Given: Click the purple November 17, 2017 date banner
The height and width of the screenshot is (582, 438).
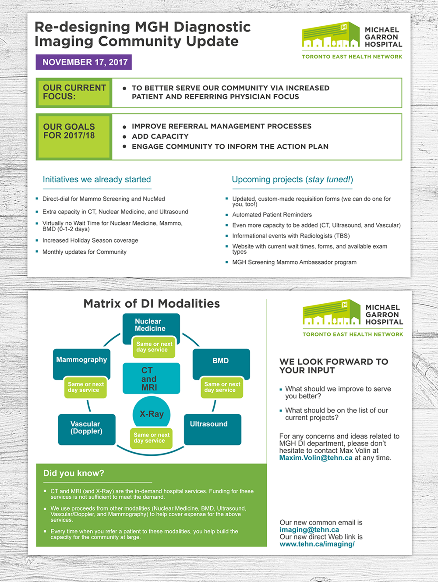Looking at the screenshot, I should tap(84, 62).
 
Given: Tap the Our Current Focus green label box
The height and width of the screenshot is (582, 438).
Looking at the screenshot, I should tap(74, 92).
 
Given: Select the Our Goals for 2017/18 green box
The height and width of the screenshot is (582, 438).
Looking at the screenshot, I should tap(74, 136).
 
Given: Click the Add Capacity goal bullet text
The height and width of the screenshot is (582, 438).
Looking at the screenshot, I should tap(160, 136).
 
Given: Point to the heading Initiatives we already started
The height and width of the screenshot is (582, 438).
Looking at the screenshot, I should tap(97, 179).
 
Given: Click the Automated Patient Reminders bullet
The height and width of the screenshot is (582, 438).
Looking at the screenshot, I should tap(272, 215).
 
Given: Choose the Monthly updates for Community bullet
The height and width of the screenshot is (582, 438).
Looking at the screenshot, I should tap(85, 252).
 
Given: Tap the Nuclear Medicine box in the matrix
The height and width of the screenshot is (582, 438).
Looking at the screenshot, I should tap(150, 326).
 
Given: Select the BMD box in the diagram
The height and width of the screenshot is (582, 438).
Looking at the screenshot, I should tap(221, 361).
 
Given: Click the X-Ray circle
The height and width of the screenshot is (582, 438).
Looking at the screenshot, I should tap(152, 413).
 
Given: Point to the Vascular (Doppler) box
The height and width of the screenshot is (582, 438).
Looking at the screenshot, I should tap(87, 428).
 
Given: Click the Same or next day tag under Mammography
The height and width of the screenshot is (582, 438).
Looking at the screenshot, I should tap(86, 387).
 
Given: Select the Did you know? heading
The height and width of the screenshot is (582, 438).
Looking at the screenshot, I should tap(74, 473).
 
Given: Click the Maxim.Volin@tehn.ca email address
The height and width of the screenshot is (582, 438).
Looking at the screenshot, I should tap(316, 458).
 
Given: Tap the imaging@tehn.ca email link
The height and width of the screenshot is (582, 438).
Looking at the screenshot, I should tap(309, 530).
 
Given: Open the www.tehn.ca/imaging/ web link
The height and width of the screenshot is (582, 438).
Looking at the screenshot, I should tap(317, 544).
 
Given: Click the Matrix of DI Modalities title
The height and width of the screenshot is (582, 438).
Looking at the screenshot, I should tap(152, 304).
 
